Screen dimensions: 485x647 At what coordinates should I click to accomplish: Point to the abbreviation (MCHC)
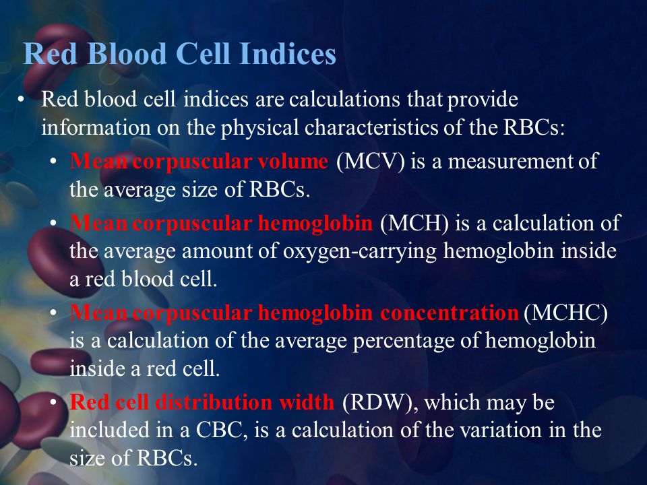coord(565,313)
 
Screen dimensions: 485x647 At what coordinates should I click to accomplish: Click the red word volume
coord(294,162)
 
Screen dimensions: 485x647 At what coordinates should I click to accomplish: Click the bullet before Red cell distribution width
coord(54,402)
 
